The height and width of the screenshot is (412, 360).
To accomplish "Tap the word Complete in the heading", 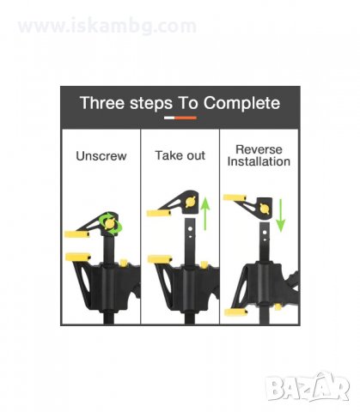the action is click(x=241, y=103).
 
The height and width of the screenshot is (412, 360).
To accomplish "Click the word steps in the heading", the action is click(x=151, y=104).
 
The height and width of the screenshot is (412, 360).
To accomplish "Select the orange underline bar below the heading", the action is click(x=186, y=118).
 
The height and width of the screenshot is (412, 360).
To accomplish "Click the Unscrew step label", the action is click(x=101, y=156).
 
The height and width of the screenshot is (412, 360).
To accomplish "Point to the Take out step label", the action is click(x=180, y=155).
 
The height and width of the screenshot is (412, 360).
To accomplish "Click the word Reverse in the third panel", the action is click(x=259, y=149).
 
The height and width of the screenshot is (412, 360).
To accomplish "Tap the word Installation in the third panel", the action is click(x=259, y=161).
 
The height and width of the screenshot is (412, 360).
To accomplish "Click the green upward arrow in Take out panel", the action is click(x=205, y=213).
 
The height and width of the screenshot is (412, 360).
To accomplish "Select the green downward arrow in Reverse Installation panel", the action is click(x=281, y=215).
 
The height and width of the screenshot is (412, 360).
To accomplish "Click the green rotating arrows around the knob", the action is click(x=110, y=223).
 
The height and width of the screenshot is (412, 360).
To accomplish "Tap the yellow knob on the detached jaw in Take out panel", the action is click(x=190, y=203).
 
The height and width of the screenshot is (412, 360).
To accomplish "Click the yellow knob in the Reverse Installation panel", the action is click(x=265, y=209).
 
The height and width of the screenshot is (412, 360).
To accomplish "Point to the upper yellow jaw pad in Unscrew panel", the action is click(x=76, y=234).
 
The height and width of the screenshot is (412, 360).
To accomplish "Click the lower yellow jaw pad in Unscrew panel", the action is click(x=78, y=257).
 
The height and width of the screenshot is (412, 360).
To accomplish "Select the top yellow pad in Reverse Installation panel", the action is click(x=235, y=197).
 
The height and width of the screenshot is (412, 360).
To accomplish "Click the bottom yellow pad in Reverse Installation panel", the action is click(x=235, y=312).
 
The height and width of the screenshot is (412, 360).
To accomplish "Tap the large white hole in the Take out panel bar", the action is click(x=189, y=229).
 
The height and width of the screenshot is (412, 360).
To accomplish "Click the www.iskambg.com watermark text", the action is click(x=107, y=26).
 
